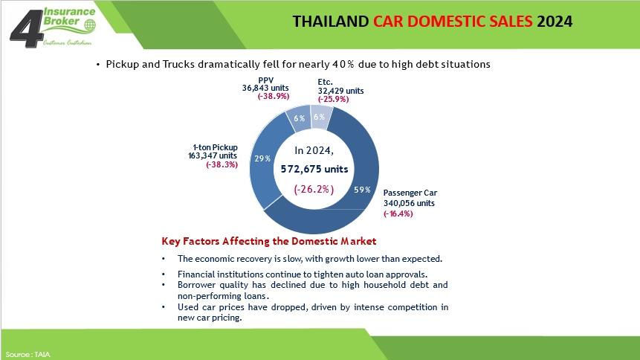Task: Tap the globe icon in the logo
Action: [90, 25]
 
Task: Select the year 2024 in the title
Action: [555, 22]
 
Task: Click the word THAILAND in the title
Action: [331, 22]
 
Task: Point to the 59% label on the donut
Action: [362, 190]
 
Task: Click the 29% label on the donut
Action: [262, 158]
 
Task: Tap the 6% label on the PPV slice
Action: [299, 118]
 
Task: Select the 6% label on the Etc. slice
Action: [319, 117]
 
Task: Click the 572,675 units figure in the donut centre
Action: [314, 169]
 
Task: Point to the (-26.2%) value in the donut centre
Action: [314, 189]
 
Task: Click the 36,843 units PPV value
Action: [265, 88]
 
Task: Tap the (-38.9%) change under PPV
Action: [274, 97]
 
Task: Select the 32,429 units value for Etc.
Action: [341, 91]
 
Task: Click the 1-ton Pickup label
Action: [215, 147]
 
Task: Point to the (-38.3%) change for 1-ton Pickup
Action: [222, 164]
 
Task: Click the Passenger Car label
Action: [410, 193]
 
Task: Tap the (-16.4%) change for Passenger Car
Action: [398, 213]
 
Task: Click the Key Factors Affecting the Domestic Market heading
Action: [269, 241]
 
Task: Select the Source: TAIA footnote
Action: [28, 354]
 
